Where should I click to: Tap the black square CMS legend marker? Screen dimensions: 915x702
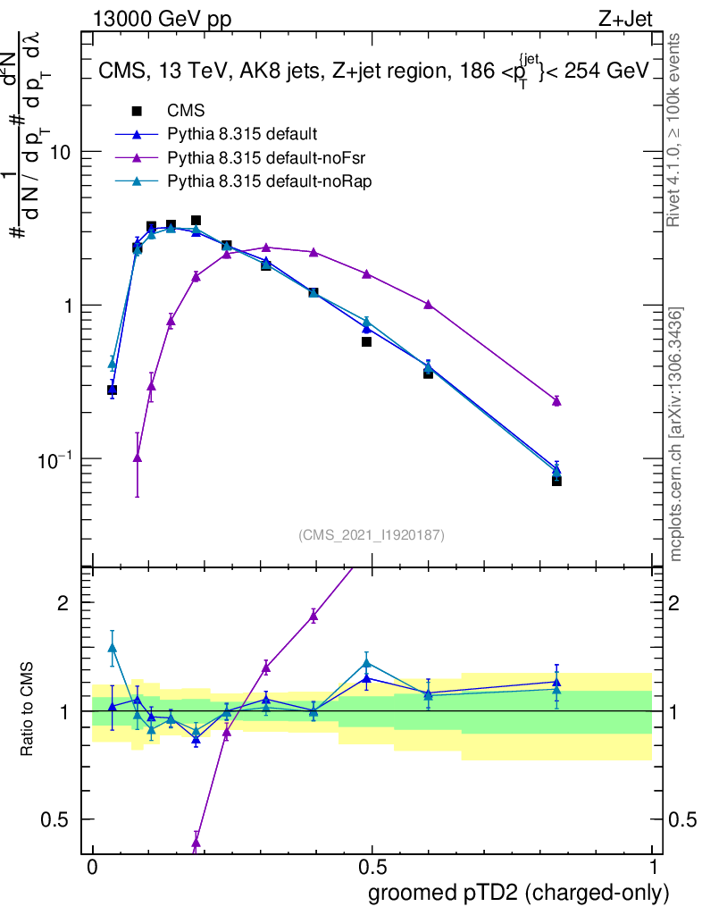pyautogui.click(x=137, y=112)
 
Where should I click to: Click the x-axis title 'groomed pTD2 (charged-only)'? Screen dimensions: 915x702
pyautogui.click(x=518, y=892)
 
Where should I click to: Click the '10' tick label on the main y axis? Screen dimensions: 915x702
pyautogui.click(x=61, y=153)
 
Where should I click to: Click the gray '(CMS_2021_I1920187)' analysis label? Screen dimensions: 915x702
pyautogui.click(x=372, y=535)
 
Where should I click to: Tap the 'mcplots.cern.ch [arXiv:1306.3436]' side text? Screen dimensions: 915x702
pyautogui.click(x=678, y=434)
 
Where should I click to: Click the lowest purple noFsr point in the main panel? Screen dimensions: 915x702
pyautogui.click(x=137, y=457)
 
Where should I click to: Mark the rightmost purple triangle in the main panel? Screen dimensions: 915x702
pyautogui.click(x=556, y=401)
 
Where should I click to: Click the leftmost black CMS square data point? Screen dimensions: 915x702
pyautogui.click(x=113, y=390)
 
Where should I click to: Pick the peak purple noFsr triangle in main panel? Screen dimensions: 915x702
pyautogui.click(x=266, y=248)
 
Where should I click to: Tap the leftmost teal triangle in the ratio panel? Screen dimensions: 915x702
pyautogui.click(x=113, y=648)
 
